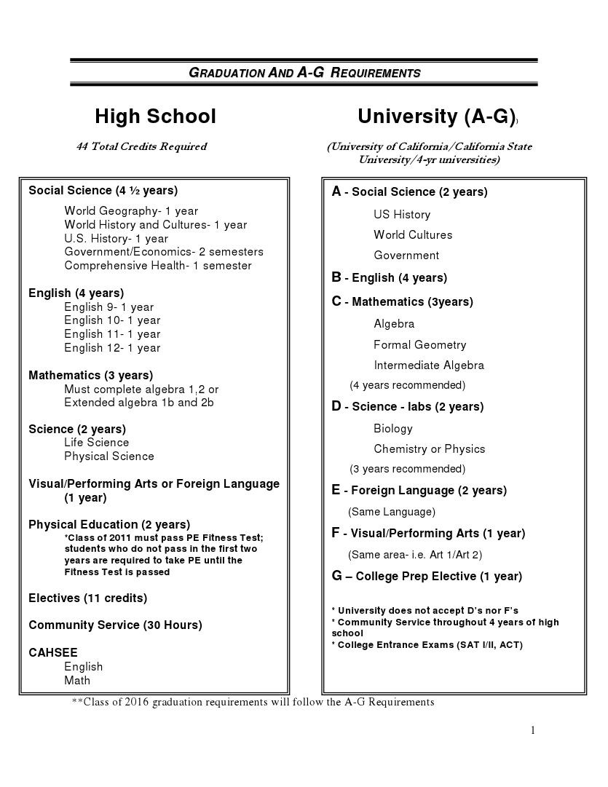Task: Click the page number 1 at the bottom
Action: click(x=533, y=730)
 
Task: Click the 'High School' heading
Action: click(x=155, y=116)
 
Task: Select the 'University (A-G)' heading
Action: click(x=436, y=116)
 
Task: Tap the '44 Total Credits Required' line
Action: click(x=141, y=146)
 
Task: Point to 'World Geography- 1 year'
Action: click(x=131, y=211)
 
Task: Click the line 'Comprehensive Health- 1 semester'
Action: click(x=157, y=266)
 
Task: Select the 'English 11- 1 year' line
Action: click(x=112, y=334)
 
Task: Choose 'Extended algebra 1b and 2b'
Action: click(x=138, y=403)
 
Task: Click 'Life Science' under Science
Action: click(x=96, y=443)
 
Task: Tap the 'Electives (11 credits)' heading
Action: click(x=87, y=598)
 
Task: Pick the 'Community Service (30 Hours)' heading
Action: click(x=115, y=625)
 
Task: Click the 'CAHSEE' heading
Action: click(x=52, y=653)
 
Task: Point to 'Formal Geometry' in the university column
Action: click(x=419, y=345)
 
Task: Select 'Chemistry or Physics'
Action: click(x=429, y=449)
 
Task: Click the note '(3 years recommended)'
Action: click(x=407, y=469)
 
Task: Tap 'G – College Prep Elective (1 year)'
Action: click(x=427, y=577)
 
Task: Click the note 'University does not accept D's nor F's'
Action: click(x=425, y=611)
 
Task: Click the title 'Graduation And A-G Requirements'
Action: click(x=304, y=73)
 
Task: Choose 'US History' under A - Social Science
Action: click(x=402, y=215)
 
